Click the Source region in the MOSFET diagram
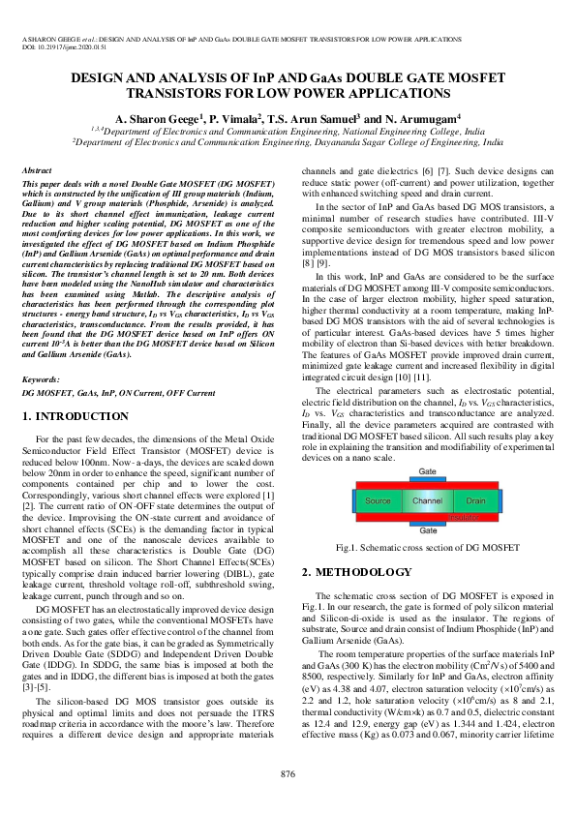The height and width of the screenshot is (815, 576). pos(379,501)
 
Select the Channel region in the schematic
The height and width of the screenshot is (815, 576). pos(427,501)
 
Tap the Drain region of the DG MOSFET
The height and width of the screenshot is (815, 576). pos(475,501)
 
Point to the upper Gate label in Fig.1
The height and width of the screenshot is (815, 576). pos(427,471)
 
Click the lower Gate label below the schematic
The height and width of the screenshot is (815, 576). pos(427,531)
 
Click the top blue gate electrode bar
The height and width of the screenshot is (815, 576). pos(427,480)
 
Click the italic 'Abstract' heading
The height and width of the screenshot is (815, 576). pos(36,169)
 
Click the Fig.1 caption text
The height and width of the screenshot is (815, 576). pos(427,548)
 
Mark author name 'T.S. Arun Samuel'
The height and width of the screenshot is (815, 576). pos(311,117)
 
